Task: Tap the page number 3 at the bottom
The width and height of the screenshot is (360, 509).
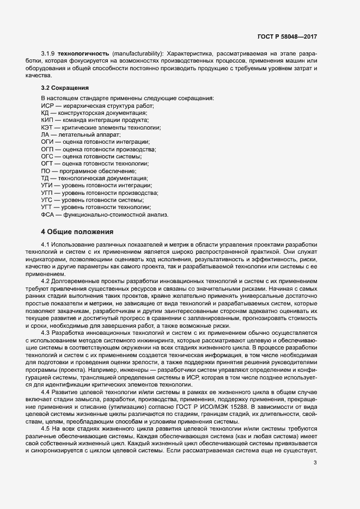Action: (315, 463)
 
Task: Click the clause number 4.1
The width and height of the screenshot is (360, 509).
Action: (46, 246)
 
